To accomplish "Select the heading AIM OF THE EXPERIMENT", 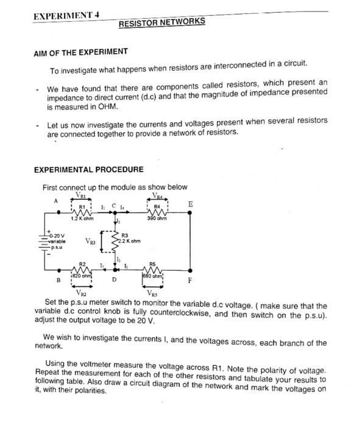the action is pyautogui.click(x=80, y=51).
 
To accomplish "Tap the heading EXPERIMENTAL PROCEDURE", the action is pyautogui.click(x=89, y=169).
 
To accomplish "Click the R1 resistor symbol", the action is pyautogui.click(x=81, y=213).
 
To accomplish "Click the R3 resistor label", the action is pyautogui.click(x=125, y=235).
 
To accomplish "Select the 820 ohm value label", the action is pyautogui.click(x=82, y=276).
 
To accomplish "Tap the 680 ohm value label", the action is pyautogui.click(x=154, y=276).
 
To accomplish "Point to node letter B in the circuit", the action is pyautogui.click(x=58, y=281).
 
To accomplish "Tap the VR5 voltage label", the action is pyautogui.click(x=154, y=294).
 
